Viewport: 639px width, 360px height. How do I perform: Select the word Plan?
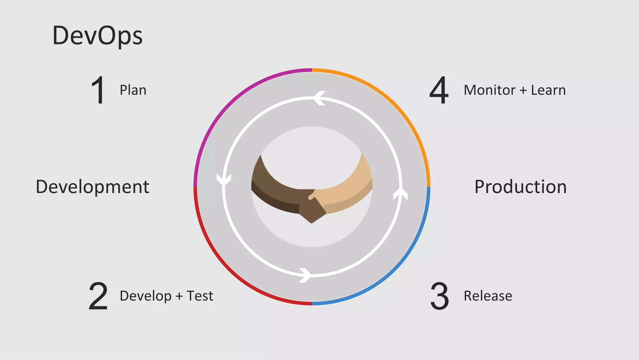133,91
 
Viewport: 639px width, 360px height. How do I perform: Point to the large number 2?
98,296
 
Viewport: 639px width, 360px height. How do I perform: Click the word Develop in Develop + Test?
145,296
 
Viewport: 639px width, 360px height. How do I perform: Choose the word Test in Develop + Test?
200,296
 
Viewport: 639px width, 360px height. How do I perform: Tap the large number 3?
440,296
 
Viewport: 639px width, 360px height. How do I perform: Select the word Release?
488,296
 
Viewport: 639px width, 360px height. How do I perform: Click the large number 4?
439,90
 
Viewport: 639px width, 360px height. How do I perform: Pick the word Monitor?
489,90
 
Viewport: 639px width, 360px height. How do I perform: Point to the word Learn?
548,90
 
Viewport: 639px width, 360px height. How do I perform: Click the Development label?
93,187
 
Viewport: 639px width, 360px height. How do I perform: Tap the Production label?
520,187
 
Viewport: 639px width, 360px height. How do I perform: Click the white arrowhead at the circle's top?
319,98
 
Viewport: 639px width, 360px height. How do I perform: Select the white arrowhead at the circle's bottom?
305,275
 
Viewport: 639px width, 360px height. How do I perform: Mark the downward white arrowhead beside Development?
224,180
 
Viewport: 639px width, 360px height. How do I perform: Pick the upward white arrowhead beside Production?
400,194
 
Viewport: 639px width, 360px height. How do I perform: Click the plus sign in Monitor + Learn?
523,91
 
